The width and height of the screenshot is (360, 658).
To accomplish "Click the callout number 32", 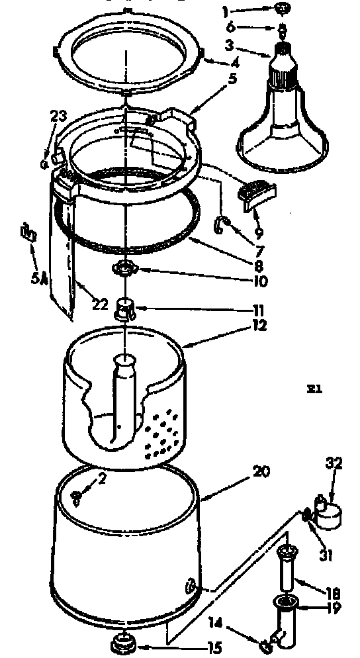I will pos(334,463).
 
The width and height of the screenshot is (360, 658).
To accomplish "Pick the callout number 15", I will pos(214,648).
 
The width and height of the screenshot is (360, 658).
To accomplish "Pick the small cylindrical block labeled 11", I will pos(124,308).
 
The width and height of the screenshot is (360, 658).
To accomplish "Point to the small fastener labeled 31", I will pos(307,514).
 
